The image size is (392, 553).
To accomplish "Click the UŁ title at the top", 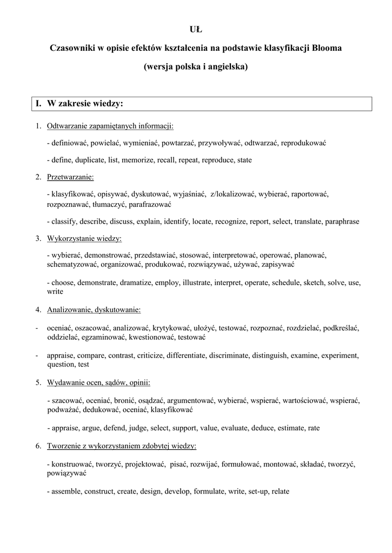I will (x=196, y=29).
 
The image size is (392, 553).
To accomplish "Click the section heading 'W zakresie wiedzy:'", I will (x=85, y=103).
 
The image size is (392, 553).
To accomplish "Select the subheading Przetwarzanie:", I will (x=70, y=177).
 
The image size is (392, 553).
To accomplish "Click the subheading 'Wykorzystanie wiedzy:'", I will (x=84, y=238).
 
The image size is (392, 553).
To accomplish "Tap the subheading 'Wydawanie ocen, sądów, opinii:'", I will (x=98, y=383).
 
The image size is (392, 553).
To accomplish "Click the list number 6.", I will (x=38, y=446).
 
